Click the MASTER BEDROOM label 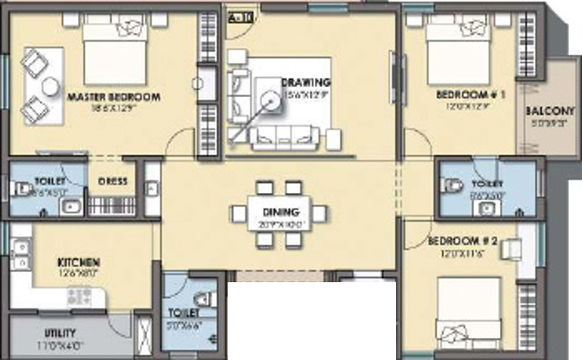(x=113, y=96)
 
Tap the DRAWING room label (x=306, y=82)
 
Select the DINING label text (x=277, y=213)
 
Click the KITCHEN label (x=79, y=263)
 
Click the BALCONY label (x=550, y=112)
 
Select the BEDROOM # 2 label (x=461, y=242)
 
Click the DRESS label (x=112, y=181)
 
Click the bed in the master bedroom (x=115, y=52)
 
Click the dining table (x=278, y=214)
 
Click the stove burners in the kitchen (x=78, y=296)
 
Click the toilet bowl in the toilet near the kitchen (x=205, y=298)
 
